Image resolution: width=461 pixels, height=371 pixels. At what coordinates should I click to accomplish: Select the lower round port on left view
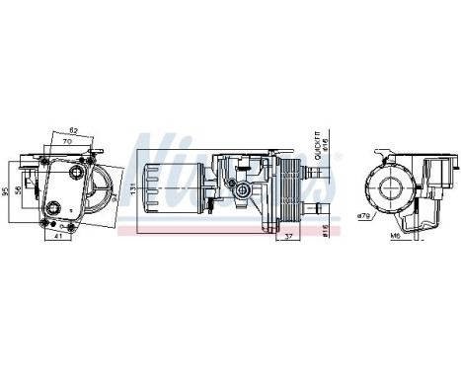click(x=50, y=207)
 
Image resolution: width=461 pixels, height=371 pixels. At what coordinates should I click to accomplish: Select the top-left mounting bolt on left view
click(x=43, y=156)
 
